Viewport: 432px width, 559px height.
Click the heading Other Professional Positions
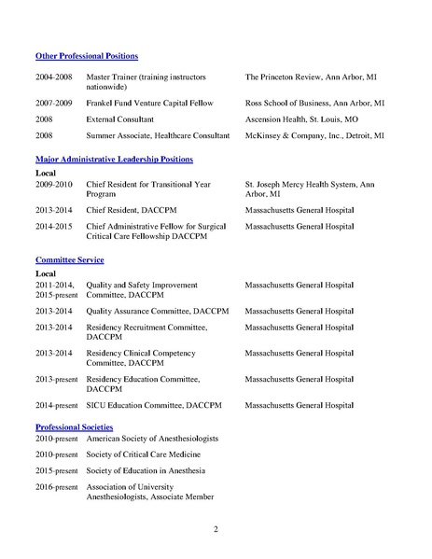86,56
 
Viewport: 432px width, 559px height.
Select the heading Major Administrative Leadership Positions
114,161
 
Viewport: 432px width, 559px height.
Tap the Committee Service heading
70,259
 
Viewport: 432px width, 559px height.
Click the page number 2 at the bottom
216,531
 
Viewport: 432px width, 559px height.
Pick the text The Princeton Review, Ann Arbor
313,76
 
